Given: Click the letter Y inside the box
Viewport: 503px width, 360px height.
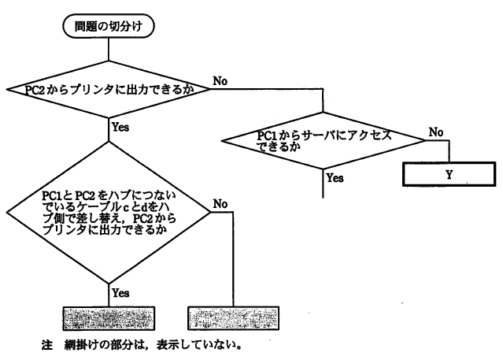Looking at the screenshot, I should [449, 174].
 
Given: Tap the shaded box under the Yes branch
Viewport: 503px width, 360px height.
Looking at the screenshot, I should [107, 317].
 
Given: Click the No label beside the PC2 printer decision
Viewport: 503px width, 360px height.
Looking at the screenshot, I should [221, 80].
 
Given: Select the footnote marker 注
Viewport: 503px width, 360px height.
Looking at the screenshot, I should [46, 344].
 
